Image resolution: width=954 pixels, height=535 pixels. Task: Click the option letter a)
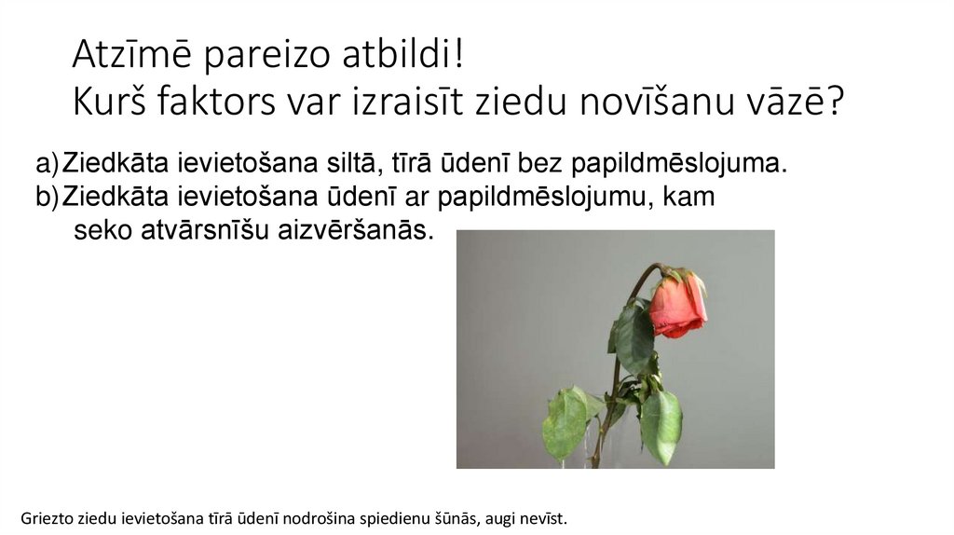coord(47,165)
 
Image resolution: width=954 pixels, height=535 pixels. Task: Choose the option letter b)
coord(47,197)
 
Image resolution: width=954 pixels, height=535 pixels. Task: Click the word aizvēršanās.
coord(358,230)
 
